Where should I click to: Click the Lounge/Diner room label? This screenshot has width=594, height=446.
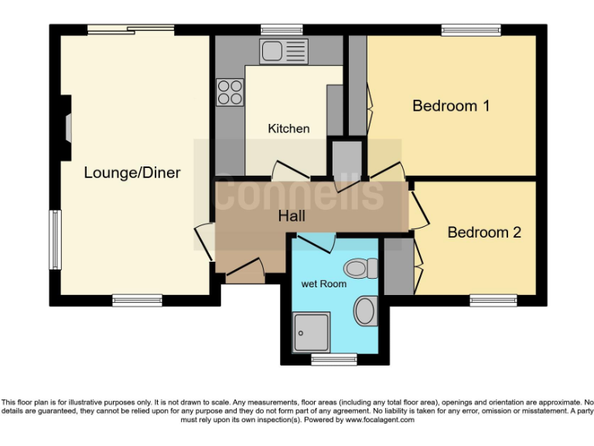tap(131, 172)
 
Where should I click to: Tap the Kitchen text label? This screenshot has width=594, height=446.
tap(288, 129)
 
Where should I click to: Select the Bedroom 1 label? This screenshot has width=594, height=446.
tap(450, 105)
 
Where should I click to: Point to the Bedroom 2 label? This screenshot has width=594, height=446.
tap(484, 232)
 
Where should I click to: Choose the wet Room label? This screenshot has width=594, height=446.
tap(323, 283)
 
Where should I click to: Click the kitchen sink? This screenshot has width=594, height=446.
tap(284, 52)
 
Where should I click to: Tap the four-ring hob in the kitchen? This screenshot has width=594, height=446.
tap(229, 92)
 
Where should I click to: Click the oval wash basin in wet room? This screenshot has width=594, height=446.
tap(364, 313)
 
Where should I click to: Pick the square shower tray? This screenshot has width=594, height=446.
tap(312, 332)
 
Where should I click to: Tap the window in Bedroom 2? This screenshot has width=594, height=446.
tap(493, 300)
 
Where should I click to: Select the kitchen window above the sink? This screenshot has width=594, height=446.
tap(282, 29)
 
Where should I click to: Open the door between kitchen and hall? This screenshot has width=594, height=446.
tap(288, 170)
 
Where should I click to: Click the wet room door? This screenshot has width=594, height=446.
tap(316, 244)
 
